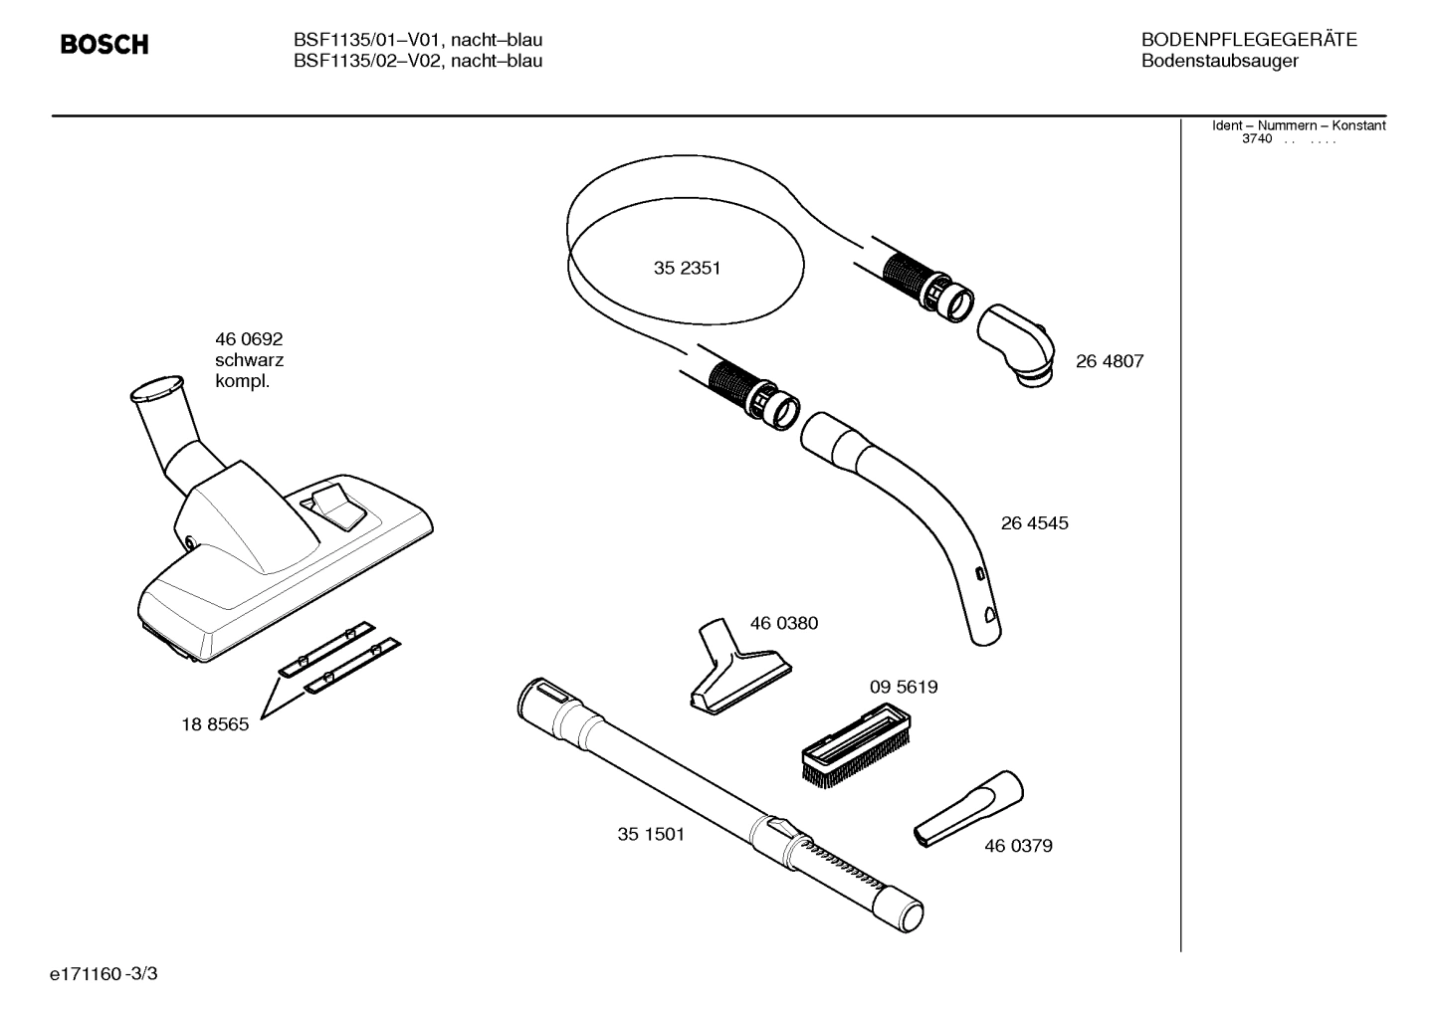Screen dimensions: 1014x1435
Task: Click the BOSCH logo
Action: click(x=104, y=45)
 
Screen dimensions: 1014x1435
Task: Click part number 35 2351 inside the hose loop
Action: click(x=687, y=269)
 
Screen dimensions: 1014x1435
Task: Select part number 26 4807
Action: click(x=1109, y=362)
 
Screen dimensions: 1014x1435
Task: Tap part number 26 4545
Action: click(x=1034, y=523)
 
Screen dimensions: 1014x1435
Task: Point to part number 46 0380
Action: click(x=784, y=624)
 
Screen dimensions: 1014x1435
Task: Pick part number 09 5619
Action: click(x=904, y=688)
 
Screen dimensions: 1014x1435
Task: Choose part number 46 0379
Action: click(x=1018, y=846)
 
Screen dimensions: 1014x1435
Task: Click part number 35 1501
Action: click(x=651, y=835)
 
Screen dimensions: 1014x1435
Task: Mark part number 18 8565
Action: click(x=215, y=725)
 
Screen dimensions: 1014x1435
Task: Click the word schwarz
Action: click(x=249, y=360)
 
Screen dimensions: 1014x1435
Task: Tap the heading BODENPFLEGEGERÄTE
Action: click(x=1249, y=40)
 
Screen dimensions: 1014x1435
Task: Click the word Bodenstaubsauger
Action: click(x=1219, y=61)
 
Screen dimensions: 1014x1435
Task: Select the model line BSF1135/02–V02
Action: click(x=418, y=61)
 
